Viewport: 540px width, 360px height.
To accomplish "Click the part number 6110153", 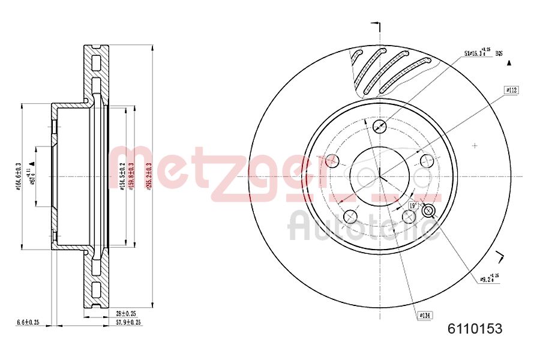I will tap(475, 328).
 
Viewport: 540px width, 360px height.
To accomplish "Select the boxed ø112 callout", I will tap(511, 89).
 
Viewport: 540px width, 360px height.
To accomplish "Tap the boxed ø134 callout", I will tap(424, 314).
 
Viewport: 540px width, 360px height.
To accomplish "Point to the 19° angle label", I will tap(413, 206).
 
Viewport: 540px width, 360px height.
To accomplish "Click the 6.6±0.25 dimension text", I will tap(28, 323).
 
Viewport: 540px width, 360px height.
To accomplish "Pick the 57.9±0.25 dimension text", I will tap(129, 323).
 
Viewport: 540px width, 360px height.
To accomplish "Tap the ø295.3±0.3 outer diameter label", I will tap(148, 176).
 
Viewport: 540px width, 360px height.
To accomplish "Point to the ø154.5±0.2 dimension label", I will tap(122, 176).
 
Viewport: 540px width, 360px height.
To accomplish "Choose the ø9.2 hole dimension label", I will tap(490, 278).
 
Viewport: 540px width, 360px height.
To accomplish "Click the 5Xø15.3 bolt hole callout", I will tap(478, 54).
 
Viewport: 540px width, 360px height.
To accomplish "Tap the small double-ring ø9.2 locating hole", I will tap(428, 211).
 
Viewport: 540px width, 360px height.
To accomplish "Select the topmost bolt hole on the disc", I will tap(379, 127).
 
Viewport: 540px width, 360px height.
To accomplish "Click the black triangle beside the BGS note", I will tap(509, 62).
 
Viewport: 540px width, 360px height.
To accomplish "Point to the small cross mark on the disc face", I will tap(475, 145).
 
